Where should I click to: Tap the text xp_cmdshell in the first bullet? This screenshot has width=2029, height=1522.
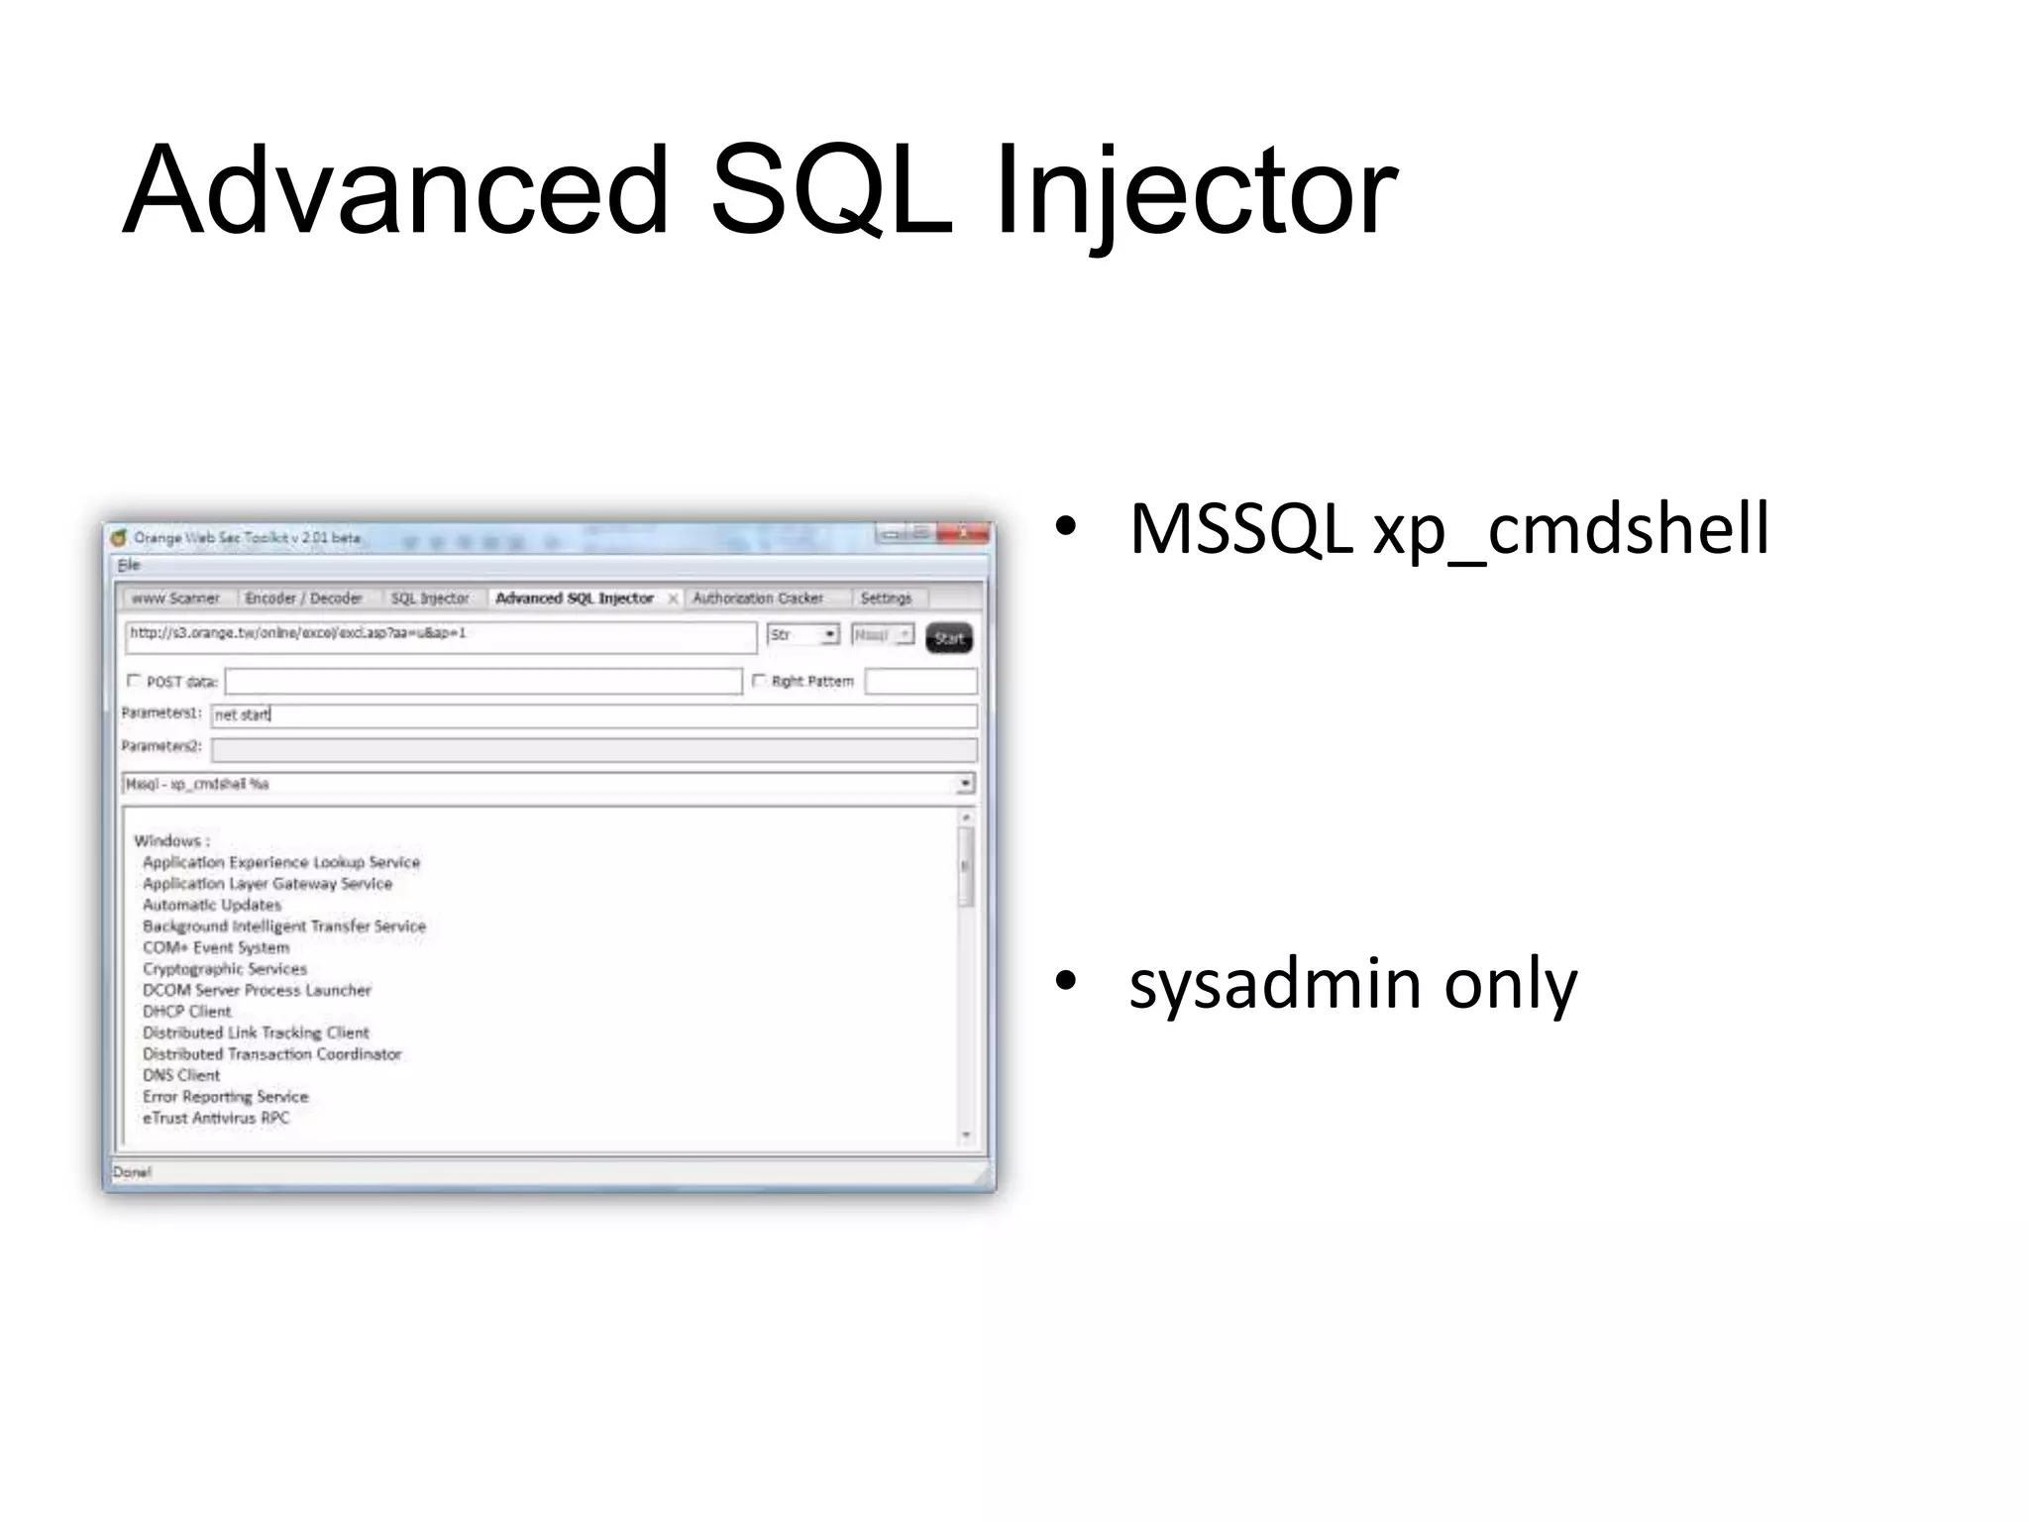[x=1570, y=529]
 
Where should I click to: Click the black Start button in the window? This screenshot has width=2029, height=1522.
[x=948, y=638]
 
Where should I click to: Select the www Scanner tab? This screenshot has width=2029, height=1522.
[x=175, y=598]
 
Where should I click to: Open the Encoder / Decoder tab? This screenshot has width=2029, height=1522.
[x=303, y=598]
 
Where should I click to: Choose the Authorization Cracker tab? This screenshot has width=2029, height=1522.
[x=757, y=598]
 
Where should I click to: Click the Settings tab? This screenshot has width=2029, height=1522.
[x=885, y=598]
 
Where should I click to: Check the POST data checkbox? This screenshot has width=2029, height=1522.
[x=134, y=681]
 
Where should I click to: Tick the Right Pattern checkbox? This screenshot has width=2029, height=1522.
[x=759, y=681]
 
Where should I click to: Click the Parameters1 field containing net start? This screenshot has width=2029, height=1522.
[x=594, y=714]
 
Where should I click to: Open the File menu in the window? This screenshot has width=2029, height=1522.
[x=129, y=565]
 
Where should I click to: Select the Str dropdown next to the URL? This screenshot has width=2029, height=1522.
[x=802, y=635]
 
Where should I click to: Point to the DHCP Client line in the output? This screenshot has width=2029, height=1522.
[x=186, y=1012]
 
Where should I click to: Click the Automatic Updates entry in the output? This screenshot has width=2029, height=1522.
[x=211, y=905]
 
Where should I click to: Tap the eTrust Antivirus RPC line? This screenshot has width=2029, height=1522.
[x=215, y=1118]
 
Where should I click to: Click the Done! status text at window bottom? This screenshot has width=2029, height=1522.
[x=132, y=1172]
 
